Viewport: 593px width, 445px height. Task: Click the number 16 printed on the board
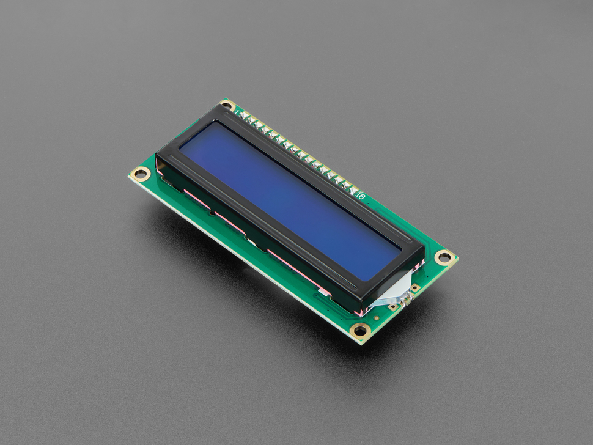point(359,196)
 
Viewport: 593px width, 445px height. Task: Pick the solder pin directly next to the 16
point(353,189)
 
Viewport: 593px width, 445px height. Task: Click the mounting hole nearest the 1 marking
point(227,105)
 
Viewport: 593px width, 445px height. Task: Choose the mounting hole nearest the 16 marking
point(444,257)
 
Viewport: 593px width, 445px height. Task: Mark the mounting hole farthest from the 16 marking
point(141,174)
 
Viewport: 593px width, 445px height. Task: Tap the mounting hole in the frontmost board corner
point(361,331)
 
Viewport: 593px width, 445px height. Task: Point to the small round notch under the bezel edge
point(212,213)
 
